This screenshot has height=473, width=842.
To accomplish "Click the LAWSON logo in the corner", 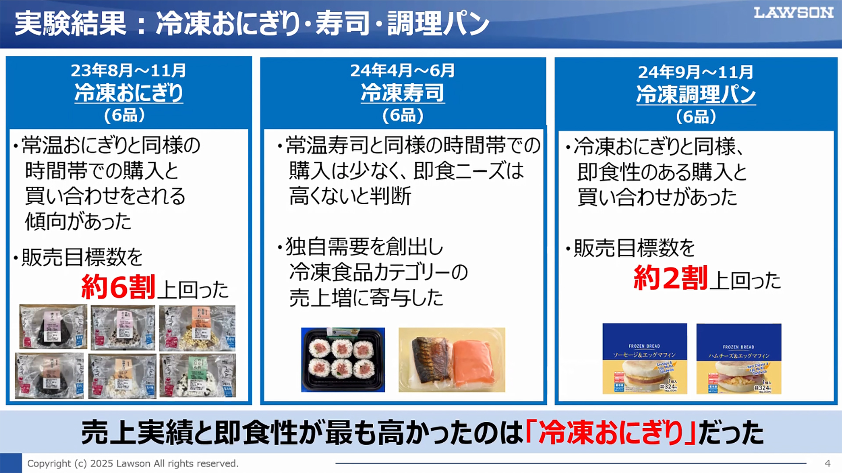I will coord(793,13).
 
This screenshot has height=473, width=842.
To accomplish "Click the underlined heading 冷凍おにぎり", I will coord(128,93).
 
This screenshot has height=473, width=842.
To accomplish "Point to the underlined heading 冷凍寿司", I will coord(403,93).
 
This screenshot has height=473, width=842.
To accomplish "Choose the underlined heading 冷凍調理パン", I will coord(696,94).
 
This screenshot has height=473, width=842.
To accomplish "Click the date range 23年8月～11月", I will coord(128,70).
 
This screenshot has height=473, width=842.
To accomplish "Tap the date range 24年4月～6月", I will coord(403,70).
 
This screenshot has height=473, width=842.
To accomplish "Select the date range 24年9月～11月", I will coord(696,72).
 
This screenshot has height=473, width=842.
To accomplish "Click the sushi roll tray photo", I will coord(343,359).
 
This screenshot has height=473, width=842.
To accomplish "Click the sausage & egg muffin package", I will coord(644,359).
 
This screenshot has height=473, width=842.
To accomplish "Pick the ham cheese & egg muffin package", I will coord(739,359).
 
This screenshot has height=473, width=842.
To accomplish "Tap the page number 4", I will coord(827,463).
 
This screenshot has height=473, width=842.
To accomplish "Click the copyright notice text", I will coord(132,463).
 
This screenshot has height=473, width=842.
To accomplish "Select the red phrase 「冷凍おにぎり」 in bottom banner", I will coord(611,433).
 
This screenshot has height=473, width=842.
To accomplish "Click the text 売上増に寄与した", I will coord(366,298).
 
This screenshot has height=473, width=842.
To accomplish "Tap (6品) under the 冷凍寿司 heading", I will coord(403,115).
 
